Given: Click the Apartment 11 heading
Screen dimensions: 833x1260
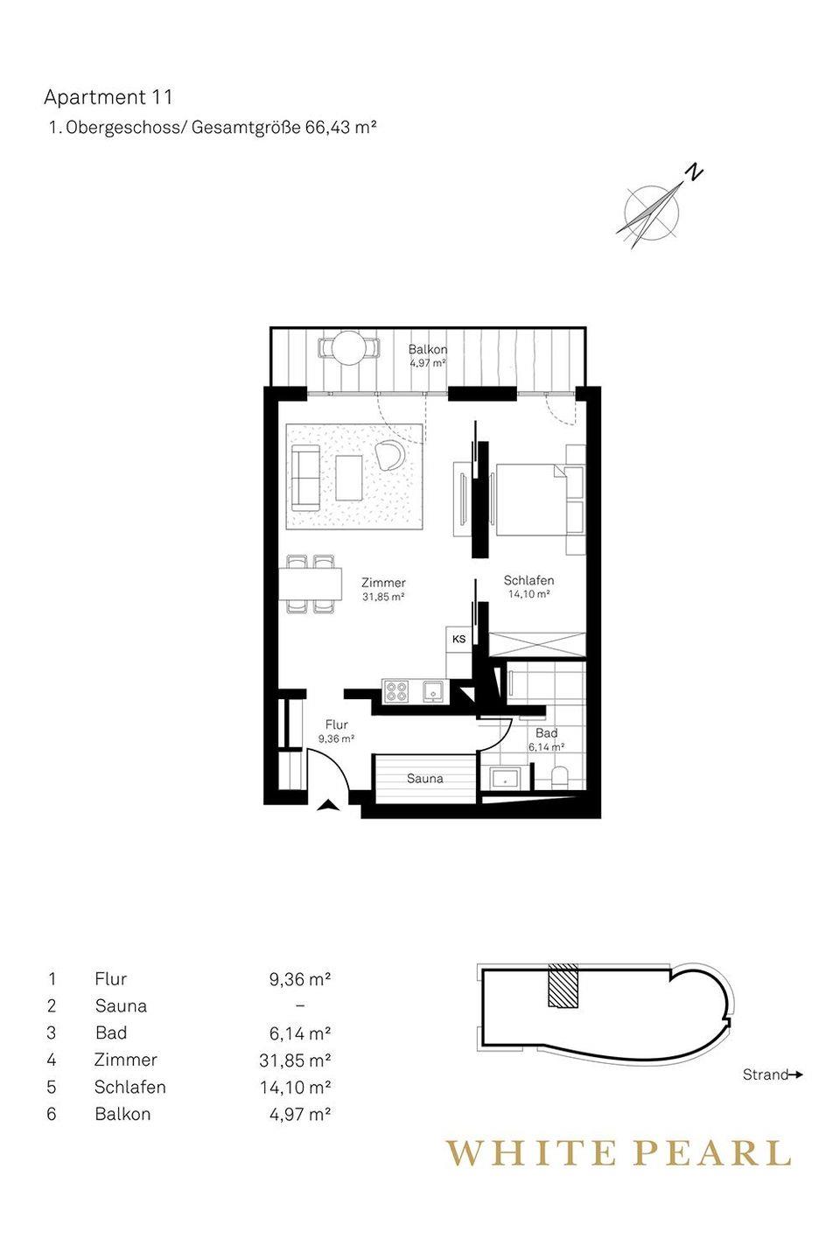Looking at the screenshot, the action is point(108,97).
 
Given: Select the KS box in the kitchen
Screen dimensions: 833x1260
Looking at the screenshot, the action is point(459,639).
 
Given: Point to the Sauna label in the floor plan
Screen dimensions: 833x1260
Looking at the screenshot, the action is point(424,779).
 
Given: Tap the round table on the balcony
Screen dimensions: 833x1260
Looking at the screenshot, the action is point(349,349).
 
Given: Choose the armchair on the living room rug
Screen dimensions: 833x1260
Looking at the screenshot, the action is point(389,454).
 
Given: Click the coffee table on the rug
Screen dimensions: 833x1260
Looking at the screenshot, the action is point(349,478).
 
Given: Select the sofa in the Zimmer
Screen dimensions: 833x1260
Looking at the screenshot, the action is point(304,478).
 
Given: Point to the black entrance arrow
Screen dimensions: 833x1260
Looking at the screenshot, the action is point(328,806).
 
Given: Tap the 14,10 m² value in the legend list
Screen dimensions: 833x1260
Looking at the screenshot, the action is point(295,1088).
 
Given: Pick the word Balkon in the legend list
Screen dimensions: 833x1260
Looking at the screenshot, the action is point(122,1115).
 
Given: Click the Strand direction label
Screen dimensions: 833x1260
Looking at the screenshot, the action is point(766,1074).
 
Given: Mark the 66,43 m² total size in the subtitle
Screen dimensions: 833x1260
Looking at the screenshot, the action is point(340,128).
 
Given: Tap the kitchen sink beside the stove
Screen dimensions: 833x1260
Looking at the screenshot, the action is point(433,690).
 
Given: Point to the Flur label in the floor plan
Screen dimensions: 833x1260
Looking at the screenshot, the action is point(336,724).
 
